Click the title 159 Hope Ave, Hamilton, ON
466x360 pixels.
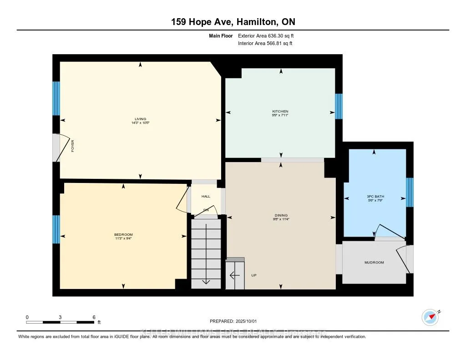point(233,22)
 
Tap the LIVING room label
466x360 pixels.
point(140,119)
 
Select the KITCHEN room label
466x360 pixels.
point(281,112)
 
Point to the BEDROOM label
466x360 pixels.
point(123,234)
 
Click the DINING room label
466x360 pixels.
point(281,215)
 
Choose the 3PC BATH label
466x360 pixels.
point(374,197)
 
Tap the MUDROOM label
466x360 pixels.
point(374,263)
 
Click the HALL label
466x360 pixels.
point(206,196)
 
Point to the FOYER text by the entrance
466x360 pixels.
point(72,146)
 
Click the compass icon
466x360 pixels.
point(430,317)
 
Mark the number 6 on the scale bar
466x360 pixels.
point(93,317)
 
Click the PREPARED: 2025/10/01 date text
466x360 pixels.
point(233,321)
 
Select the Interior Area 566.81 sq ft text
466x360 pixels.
point(265,44)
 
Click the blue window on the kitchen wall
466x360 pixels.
point(339,106)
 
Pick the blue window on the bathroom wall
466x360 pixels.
point(410,192)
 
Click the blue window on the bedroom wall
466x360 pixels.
point(56,229)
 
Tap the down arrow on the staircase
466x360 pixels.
point(206,280)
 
